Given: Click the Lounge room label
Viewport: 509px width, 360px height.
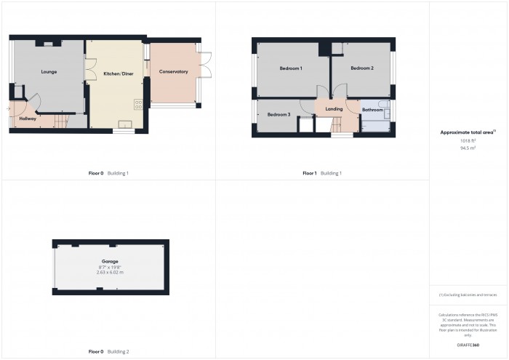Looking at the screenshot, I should click(49, 72).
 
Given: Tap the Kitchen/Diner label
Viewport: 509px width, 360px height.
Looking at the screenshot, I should click(117, 73).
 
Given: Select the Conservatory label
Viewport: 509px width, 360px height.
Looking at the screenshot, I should click(173, 71).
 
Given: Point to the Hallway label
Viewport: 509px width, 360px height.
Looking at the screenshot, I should click(28, 119).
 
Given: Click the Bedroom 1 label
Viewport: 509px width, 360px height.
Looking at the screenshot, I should click(291, 68).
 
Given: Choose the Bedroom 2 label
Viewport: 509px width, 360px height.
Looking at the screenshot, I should click(361, 68).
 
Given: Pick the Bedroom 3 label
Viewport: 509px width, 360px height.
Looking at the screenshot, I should click(278, 115).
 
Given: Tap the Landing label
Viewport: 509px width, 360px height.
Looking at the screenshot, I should click(334, 109).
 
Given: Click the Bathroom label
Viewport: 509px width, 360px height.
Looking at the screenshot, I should click(372, 110).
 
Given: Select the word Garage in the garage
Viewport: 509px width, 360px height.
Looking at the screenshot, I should click(110, 260).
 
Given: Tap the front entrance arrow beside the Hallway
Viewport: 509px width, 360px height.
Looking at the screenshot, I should click(8, 110).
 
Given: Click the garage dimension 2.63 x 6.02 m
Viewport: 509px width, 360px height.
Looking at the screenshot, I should click(110, 272).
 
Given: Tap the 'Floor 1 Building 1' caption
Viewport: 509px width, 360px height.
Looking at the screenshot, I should click(322, 173).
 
